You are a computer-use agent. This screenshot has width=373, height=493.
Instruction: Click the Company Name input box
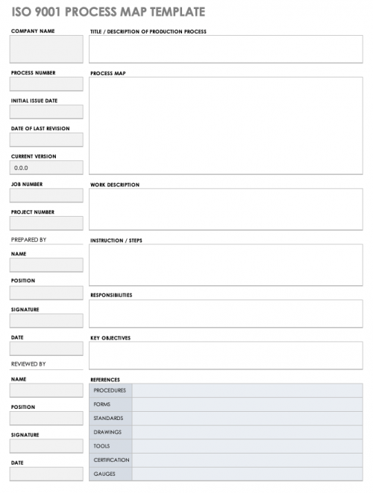pyautogui.click(x=46, y=49)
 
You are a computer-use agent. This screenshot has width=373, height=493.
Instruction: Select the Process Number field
pyautogui.click(x=46, y=84)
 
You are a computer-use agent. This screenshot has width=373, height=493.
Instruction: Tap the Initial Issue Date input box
pyautogui.click(x=46, y=112)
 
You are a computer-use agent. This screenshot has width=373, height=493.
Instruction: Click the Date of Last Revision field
pyautogui.click(x=46, y=140)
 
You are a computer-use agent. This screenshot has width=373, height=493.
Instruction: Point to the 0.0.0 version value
pyautogui.click(x=22, y=168)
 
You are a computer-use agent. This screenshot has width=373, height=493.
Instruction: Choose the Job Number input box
pyautogui.click(x=46, y=195)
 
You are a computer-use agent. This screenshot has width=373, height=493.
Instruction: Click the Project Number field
pyautogui.click(x=46, y=223)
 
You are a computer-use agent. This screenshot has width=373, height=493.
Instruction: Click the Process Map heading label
pyautogui.click(x=107, y=74)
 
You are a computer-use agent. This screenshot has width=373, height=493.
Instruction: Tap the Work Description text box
pyautogui.click(x=225, y=209)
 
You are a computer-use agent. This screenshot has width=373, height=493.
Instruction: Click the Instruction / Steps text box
pyautogui.click(x=225, y=265)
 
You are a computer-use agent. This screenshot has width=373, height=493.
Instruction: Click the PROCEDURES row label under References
pyautogui.click(x=110, y=390)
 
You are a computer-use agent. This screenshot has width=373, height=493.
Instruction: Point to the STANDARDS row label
pyautogui.click(x=108, y=418)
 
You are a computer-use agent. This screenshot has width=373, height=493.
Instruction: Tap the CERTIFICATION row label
pyautogui.click(x=111, y=459)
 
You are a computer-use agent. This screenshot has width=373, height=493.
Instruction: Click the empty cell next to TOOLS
pyautogui.click(x=247, y=446)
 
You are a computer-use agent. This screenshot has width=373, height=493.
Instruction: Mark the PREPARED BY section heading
pyautogui.click(x=29, y=240)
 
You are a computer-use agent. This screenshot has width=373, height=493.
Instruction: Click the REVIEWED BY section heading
pyautogui.click(x=28, y=364)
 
